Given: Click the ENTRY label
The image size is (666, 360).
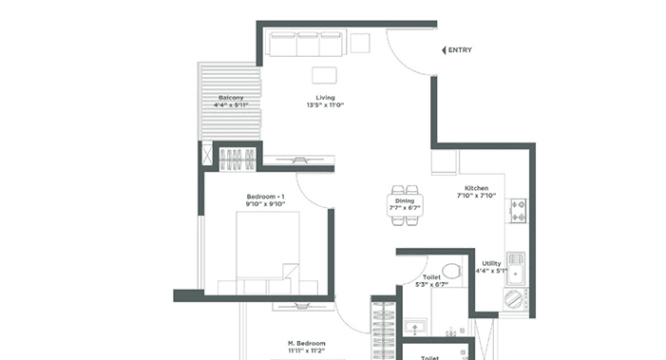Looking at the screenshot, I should (x=460, y=50).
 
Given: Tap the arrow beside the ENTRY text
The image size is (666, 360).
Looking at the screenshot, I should (x=444, y=50).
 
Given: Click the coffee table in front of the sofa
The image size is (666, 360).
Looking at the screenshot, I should (x=326, y=76).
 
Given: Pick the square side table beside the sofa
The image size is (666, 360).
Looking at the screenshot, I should (x=360, y=43).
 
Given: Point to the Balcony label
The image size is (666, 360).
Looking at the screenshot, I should (x=231, y=98).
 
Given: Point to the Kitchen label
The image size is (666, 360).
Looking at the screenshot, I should (x=475, y=188).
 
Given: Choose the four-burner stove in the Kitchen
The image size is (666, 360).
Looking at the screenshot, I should (x=518, y=210).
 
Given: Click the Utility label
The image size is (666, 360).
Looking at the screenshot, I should (x=491, y=264).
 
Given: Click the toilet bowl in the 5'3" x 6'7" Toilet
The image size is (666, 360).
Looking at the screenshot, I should (x=452, y=273).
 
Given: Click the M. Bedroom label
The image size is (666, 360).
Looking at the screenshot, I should (x=307, y=343).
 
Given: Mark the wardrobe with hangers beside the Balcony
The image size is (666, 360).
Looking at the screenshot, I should (x=236, y=158).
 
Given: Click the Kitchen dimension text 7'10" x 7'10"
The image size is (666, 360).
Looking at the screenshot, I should (x=475, y=198).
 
